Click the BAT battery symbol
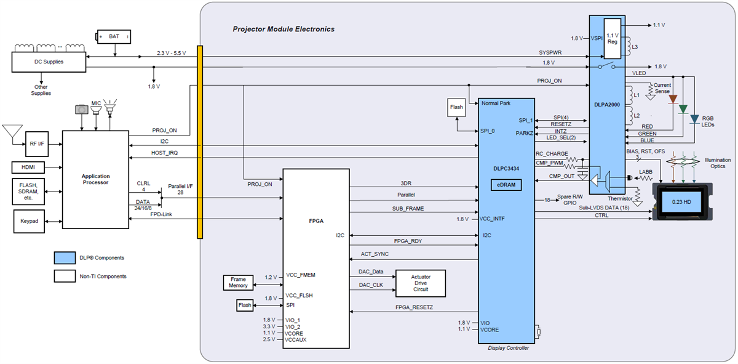[114, 37]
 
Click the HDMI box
[29, 168]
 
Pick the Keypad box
[29, 221]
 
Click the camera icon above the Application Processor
[82, 110]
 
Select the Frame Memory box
[238, 282]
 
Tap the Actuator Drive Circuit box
[421, 283]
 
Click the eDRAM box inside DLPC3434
[506, 184]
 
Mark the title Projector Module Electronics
[284, 29]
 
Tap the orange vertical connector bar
[199, 142]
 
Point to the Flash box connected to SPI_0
[456, 107]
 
